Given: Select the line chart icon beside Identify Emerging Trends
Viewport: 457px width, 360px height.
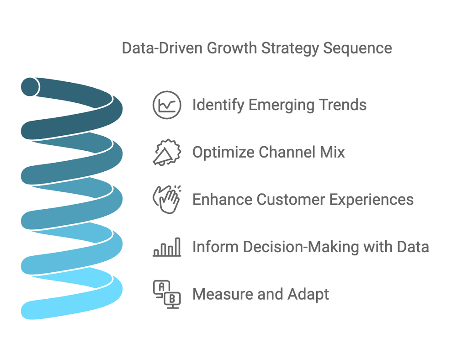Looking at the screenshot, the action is pos(167,105).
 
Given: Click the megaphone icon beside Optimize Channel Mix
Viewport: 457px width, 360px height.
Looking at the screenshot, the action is pos(167,152).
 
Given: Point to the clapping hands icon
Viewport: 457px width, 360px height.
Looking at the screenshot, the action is pos(167,199).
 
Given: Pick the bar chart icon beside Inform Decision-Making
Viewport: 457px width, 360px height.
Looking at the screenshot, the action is pos(167,247).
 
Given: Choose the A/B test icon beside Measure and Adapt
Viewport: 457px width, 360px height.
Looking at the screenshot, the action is pos(167,294).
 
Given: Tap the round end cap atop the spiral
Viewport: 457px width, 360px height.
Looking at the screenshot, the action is pos(30,86).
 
